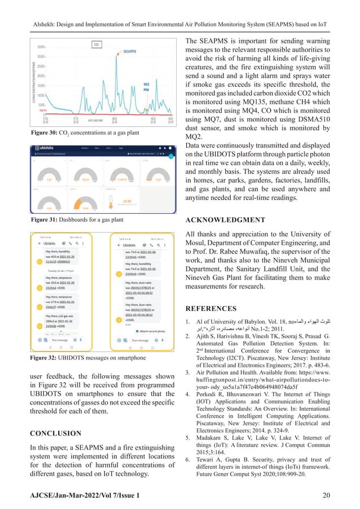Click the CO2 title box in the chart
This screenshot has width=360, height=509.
click(x=96, y=44)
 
